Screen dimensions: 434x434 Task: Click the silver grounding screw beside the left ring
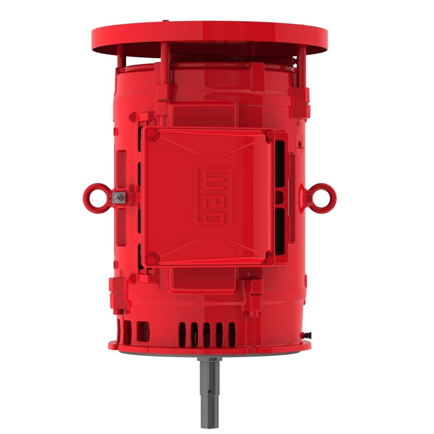pos(118,197)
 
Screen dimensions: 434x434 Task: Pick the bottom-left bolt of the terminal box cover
pos(152,259)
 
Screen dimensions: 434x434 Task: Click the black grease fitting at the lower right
pos(308,333)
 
